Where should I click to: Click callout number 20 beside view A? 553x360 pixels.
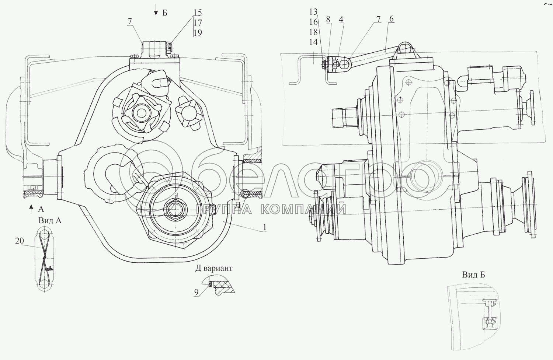[x=20, y=241]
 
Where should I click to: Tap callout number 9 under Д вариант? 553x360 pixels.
[x=196, y=292]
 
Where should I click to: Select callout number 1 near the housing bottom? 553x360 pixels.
[x=264, y=227]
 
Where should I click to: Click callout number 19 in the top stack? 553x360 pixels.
[x=198, y=32]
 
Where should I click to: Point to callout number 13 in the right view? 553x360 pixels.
[x=313, y=12]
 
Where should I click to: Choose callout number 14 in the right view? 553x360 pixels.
[x=313, y=42]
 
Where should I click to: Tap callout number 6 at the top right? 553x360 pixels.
[x=391, y=19]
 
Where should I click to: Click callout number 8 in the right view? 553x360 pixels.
[x=328, y=20]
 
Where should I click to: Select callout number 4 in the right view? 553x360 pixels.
[x=341, y=20]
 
